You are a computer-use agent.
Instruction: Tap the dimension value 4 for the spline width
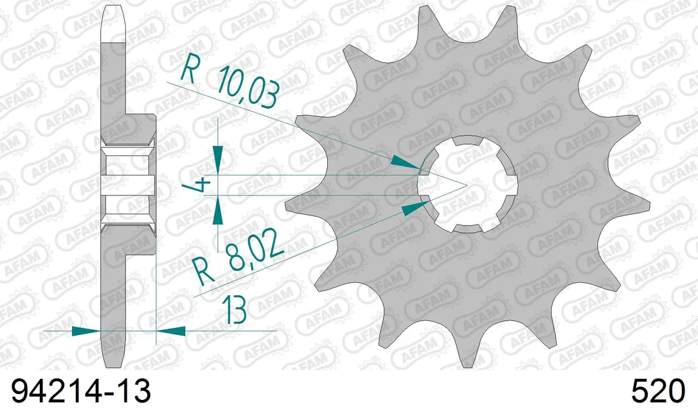tap(203, 184)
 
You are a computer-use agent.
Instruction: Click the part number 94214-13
tap(80, 392)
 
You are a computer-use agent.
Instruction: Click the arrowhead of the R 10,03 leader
tap(405, 163)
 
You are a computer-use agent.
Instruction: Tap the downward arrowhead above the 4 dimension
tap(218, 160)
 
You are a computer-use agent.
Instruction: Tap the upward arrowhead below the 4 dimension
tap(218, 210)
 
